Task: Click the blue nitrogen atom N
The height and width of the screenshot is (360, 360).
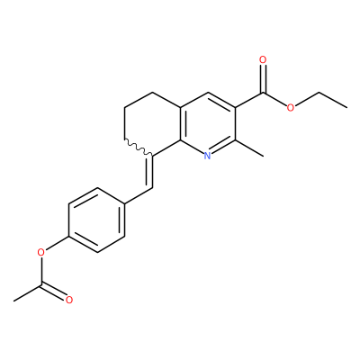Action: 207,156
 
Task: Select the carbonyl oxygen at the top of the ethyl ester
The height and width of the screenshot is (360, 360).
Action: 263,60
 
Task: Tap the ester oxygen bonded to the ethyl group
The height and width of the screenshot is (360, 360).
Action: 291,107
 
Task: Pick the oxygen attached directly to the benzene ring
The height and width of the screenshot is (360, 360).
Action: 41,252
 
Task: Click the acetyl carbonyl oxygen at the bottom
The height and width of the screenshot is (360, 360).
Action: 69,300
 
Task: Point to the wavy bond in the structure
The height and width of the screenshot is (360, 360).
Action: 139,148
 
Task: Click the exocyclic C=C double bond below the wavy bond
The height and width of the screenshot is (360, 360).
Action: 149,172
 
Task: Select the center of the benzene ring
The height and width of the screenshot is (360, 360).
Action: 97,220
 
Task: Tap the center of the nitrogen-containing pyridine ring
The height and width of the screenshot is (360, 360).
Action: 208,123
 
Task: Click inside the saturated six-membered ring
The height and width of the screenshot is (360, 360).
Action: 152,123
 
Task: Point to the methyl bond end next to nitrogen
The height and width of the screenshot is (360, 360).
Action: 263,156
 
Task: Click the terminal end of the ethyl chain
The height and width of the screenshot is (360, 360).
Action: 347,107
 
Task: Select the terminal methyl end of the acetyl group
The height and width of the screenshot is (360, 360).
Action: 13,301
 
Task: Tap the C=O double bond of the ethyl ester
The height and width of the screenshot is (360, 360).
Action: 263,78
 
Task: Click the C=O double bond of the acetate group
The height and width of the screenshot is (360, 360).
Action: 54,292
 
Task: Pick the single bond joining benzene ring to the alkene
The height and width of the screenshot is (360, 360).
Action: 139,196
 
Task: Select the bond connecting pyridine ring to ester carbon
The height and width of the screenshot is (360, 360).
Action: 249,100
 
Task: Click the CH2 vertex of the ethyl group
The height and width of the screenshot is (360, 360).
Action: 319,92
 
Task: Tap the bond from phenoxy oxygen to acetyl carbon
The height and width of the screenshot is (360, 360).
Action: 41,270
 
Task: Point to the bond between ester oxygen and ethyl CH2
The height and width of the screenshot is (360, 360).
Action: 306,99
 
